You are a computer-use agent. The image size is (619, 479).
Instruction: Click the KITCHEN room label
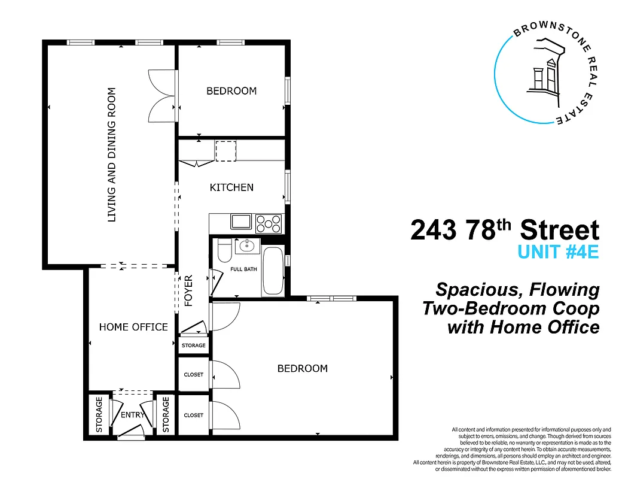click(231, 187)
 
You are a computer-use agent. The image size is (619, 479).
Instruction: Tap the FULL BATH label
click(243, 269)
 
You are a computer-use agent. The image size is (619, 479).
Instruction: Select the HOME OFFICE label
click(133, 327)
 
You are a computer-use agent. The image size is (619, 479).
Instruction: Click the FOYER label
click(189, 291)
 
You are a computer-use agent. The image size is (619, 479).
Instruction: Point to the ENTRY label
click(133, 415)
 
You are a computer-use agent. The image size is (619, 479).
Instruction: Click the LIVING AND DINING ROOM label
click(111, 155)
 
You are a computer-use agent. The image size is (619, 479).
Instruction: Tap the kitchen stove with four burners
click(269, 223)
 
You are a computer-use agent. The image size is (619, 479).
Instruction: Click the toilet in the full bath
click(224, 251)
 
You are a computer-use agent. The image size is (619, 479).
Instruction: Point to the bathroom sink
click(246, 245)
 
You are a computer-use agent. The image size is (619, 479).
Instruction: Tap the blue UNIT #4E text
click(557, 252)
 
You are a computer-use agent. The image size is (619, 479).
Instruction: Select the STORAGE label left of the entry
click(99, 414)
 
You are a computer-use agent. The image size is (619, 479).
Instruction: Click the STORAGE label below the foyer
click(194, 345)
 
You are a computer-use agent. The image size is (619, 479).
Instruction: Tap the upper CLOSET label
click(194, 375)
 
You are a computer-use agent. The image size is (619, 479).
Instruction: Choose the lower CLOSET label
click(194, 415)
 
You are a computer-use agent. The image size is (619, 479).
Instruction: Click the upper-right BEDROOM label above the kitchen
click(231, 91)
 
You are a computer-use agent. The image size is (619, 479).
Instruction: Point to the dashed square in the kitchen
click(225, 151)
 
